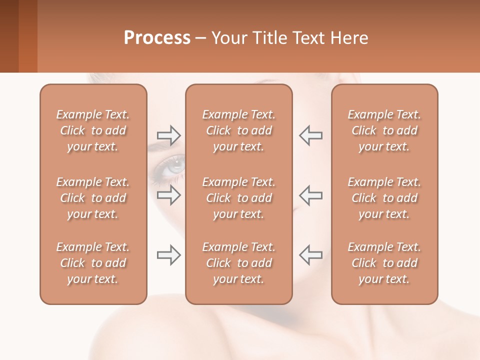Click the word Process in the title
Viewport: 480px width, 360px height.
pyautogui.click(x=157, y=38)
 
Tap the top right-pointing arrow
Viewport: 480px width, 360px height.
pyautogui.click(x=169, y=135)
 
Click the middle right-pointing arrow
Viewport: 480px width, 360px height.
pyautogui.click(x=169, y=195)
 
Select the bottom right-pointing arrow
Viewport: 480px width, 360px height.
pyautogui.click(x=169, y=255)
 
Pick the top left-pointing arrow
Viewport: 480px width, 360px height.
pyautogui.click(x=310, y=135)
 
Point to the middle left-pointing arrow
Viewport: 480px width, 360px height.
pyautogui.click(x=310, y=195)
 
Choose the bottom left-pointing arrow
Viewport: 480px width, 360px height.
pyautogui.click(x=310, y=255)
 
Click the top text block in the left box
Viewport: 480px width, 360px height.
pyautogui.click(x=93, y=130)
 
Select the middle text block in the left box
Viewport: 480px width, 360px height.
pyautogui.click(x=93, y=198)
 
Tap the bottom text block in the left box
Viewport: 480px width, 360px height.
pyautogui.click(x=93, y=263)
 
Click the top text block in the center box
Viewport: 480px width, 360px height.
pyautogui.click(x=238, y=130)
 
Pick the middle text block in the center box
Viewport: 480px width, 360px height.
pyautogui.click(x=238, y=198)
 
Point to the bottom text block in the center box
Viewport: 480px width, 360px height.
pyautogui.click(x=238, y=263)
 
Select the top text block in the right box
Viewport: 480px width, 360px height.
pyautogui.click(x=384, y=130)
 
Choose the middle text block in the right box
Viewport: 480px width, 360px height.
pyautogui.click(x=384, y=198)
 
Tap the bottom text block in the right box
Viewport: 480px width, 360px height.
pyautogui.click(x=384, y=263)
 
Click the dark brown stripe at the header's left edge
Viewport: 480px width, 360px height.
pyautogui.click(x=9, y=36)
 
